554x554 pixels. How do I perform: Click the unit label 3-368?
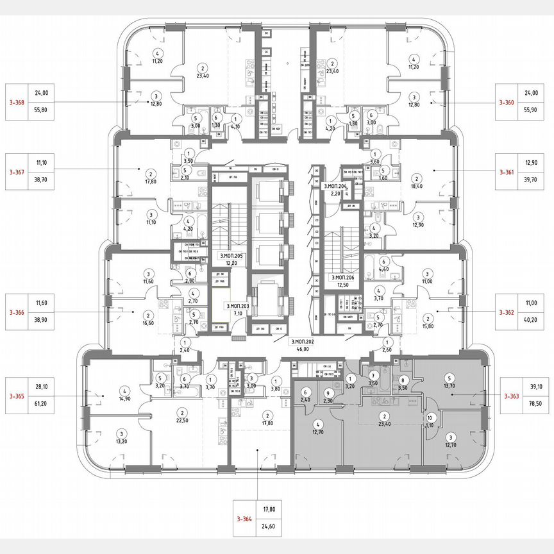(17, 102)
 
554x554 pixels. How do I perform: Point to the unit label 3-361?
(508, 172)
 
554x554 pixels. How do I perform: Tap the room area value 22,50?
(183, 421)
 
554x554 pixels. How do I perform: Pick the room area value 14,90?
(125, 398)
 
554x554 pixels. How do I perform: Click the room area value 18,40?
(417, 186)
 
